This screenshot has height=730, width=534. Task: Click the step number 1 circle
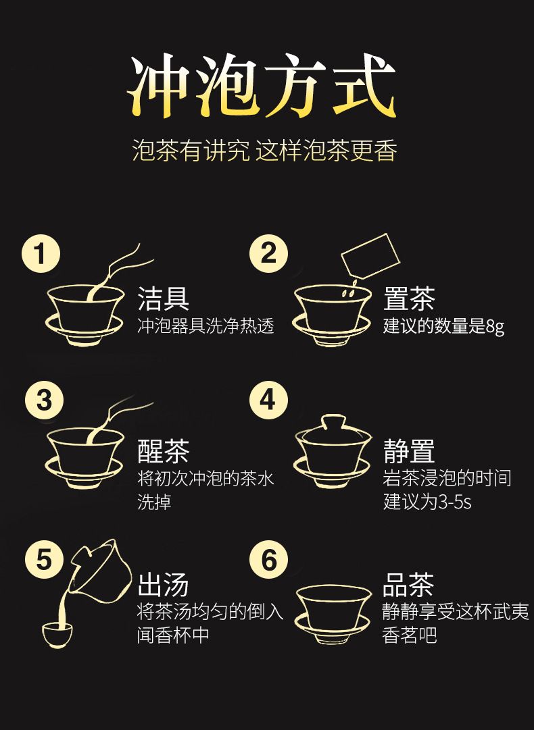[x=41, y=255]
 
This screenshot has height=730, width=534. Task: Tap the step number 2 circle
[x=268, y=254]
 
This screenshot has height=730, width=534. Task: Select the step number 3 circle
[x=44, y=401]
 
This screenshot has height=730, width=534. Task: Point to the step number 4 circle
[x=268, y=400]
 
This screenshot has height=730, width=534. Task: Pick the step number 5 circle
[x=44, y=559]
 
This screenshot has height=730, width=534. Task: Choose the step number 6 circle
[x=268, y=559]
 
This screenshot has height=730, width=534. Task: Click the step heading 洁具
[x=163, y=298]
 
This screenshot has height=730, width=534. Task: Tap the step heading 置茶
[x=409, y=298]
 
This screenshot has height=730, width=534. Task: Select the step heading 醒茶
[x=163, y=451]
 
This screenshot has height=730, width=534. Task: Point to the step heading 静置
[x=409, y=451]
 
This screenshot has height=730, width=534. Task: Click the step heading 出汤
[x=163, y=585]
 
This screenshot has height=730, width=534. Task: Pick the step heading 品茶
[x=408, y=585]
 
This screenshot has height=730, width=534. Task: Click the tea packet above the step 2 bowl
[x=371, y=256]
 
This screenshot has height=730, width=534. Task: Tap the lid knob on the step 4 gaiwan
[x=333, y=421]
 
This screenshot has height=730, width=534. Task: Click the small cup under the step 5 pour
[x=57, y=635]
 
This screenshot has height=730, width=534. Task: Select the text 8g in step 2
[x=495, y=327]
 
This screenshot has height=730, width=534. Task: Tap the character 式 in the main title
[x=364, y=86]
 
